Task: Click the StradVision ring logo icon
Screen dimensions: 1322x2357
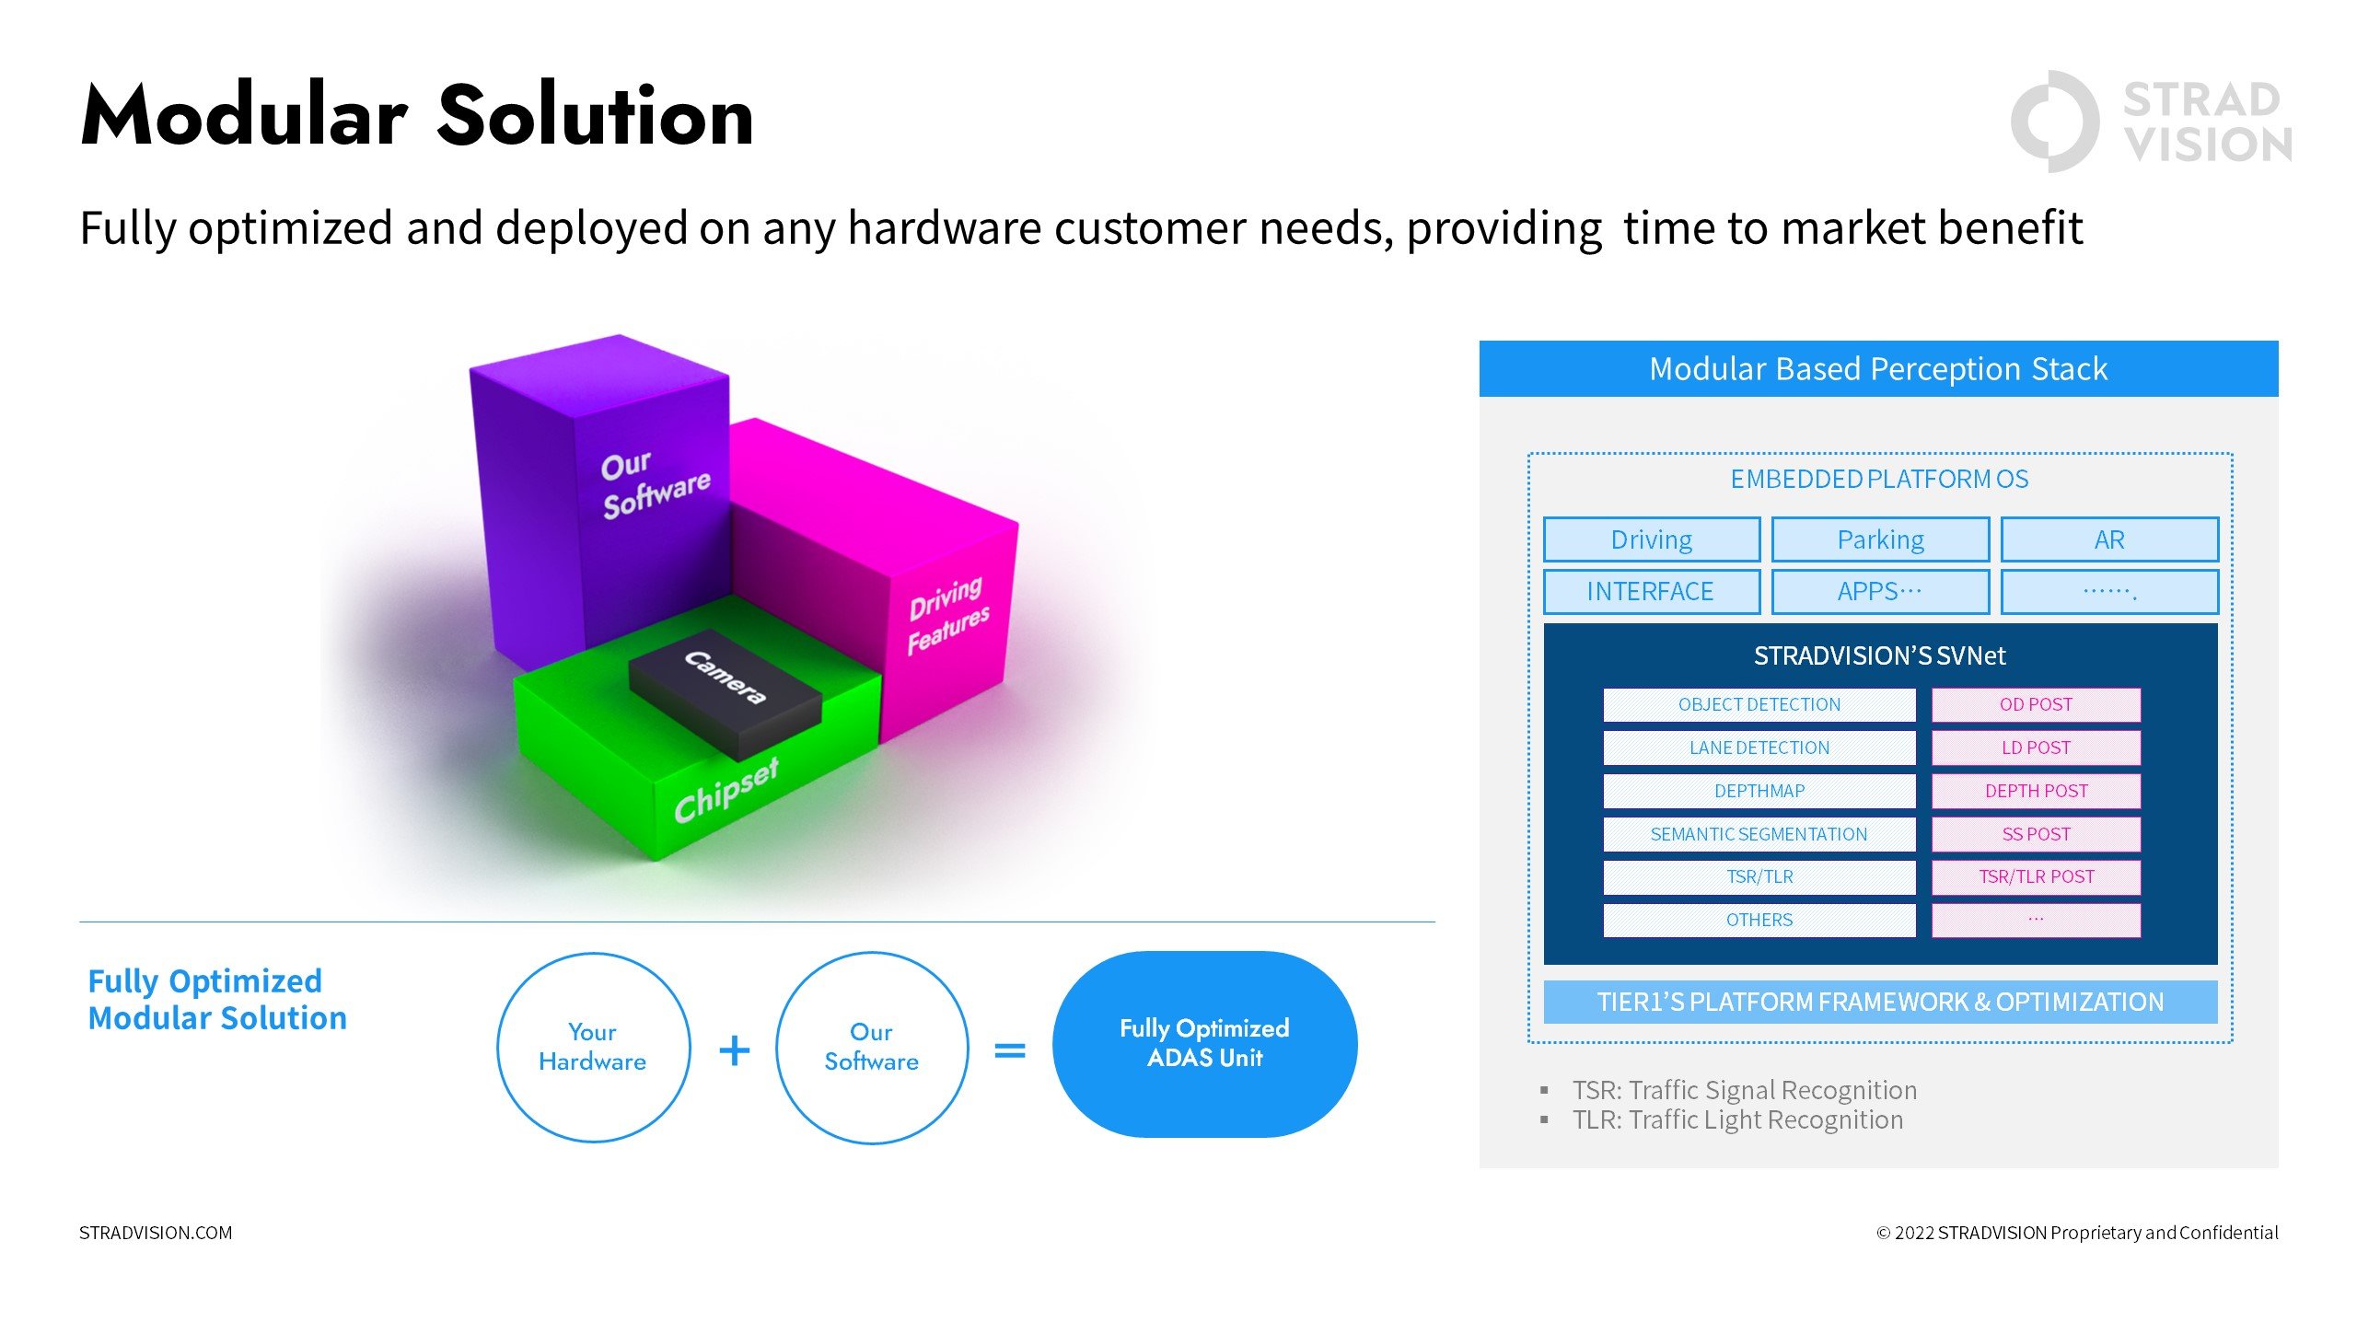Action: pos(2054,122)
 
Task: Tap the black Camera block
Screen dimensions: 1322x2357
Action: pos(725,692)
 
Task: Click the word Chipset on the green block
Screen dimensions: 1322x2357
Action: pos(726,791)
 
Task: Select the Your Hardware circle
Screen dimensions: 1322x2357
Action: pos(593,1048)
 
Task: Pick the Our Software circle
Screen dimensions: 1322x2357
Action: pos(871,1048)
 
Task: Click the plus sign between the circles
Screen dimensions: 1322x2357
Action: pos(734,1049)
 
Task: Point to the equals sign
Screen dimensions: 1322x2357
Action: pos(1010,1049)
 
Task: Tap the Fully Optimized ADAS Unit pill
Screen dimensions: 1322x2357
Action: pos(1204,1044)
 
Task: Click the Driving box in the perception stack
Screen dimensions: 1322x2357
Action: pos(1652,539)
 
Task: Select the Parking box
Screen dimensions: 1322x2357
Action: pos(1880,539)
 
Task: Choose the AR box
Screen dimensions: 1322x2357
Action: pos(2109,539)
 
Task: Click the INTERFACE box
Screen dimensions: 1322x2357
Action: pos(1652,592)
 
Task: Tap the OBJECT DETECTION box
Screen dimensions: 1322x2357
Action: pos(1759,705)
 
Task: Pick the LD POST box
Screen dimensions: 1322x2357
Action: pos(2036,748)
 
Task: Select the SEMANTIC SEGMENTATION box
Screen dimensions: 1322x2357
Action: pos(1759,835)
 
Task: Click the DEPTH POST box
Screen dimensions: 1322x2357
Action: pos(2036,792)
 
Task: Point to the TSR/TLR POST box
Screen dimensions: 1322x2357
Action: pos(2036,877)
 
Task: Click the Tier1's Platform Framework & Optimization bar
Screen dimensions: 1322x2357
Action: pos(1880,1002)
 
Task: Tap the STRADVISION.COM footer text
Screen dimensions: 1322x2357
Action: pos(156,1233)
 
